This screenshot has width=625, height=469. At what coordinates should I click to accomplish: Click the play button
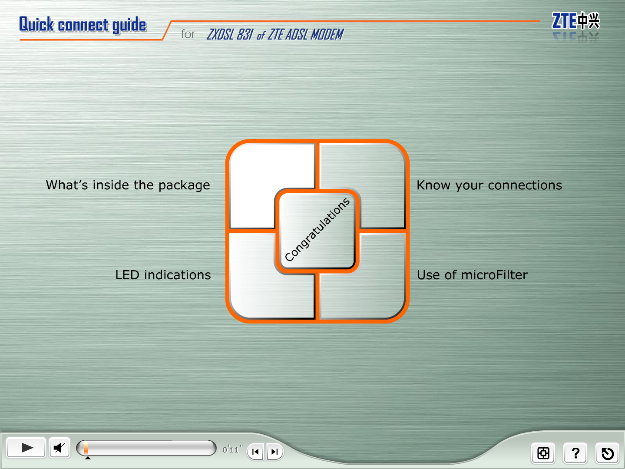[x=26, y=448]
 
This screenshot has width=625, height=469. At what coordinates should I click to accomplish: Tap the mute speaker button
[x=59, y=448]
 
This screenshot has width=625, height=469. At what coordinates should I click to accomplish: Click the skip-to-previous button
[x=255, y=452]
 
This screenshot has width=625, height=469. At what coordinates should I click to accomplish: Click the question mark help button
[x=575, y=453]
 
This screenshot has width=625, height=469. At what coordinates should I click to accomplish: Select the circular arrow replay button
[x=607, y=453]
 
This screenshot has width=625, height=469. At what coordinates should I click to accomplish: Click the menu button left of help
[x=543, y=453]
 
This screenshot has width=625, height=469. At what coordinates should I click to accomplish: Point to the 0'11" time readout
[x=233, y=449]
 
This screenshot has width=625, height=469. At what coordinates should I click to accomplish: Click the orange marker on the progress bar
[x=86, y=448]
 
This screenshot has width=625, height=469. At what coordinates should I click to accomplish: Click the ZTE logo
[x=575, y=21]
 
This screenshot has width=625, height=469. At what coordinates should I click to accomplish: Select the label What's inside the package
[x=128, y=185]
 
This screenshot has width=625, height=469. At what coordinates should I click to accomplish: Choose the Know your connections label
[x=489, y=185]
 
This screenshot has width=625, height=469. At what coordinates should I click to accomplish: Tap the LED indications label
[x=163, y=275]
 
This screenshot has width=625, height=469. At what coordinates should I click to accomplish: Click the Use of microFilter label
[x=472, y=275]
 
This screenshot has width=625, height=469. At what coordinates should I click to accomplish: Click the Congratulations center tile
[x=317, y=231]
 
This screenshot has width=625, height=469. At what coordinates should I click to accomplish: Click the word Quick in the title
[x=36, y=24]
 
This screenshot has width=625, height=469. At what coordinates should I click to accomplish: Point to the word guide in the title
[x=129, y=25]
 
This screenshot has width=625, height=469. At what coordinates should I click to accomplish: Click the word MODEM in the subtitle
[x=327, y=34]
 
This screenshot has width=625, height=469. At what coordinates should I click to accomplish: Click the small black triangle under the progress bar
[x=88, y=458]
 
